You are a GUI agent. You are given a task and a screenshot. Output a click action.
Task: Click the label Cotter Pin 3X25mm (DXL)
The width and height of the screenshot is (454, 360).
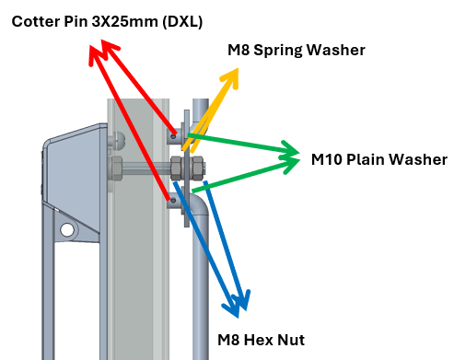point(107,22)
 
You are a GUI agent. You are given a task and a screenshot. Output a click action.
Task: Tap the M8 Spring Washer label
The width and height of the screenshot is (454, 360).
point(297,50)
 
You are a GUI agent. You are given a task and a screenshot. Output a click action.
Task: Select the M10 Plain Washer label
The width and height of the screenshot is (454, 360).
point(379,159)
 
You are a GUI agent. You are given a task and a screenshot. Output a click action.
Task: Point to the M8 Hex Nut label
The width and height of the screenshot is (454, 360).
point(261,340)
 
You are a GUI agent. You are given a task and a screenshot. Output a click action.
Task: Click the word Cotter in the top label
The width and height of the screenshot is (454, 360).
point(36,22)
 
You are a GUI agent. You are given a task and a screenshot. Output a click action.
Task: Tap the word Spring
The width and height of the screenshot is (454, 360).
point(278,51)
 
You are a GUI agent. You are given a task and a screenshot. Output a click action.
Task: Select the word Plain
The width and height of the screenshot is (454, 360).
point(366,159)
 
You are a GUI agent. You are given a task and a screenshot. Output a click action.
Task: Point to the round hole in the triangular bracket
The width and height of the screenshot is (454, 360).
point(67,229)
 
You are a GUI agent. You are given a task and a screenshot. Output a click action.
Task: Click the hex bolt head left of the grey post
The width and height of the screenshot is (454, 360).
point(116,168)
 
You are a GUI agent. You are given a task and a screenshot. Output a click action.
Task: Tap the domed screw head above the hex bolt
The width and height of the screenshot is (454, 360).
point(119,141)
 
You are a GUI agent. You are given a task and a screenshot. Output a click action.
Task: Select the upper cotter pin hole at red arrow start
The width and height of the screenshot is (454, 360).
point(173,136)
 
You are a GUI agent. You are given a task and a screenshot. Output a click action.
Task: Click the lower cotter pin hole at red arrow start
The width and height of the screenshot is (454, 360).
point(173,201)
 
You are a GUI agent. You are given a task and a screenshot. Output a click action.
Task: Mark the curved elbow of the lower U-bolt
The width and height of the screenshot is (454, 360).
point(200,204)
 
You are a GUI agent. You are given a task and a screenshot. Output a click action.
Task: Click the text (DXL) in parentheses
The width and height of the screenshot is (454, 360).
point(182,22)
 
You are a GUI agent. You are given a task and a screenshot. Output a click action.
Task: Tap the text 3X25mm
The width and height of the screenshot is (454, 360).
point(124,22)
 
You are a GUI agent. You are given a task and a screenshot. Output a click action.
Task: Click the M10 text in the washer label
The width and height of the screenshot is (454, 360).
point(327,159)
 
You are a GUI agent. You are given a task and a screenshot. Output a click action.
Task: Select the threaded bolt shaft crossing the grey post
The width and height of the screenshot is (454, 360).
point(146,168)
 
